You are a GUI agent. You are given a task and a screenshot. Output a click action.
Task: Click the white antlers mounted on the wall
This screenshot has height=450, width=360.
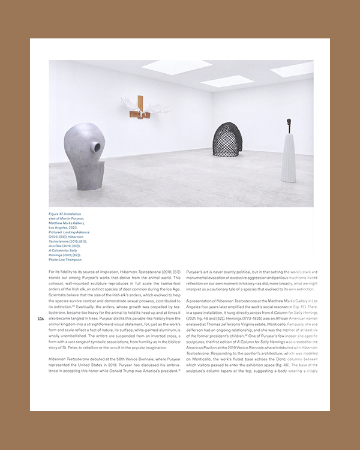pyautogui.click(x=139, y=108)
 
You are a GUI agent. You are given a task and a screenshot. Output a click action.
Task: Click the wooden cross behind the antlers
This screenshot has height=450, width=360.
pyautogui.click(x=140, y=99)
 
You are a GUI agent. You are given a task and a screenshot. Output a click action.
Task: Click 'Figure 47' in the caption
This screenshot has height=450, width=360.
pyautogui.click(x=59, y=213)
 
